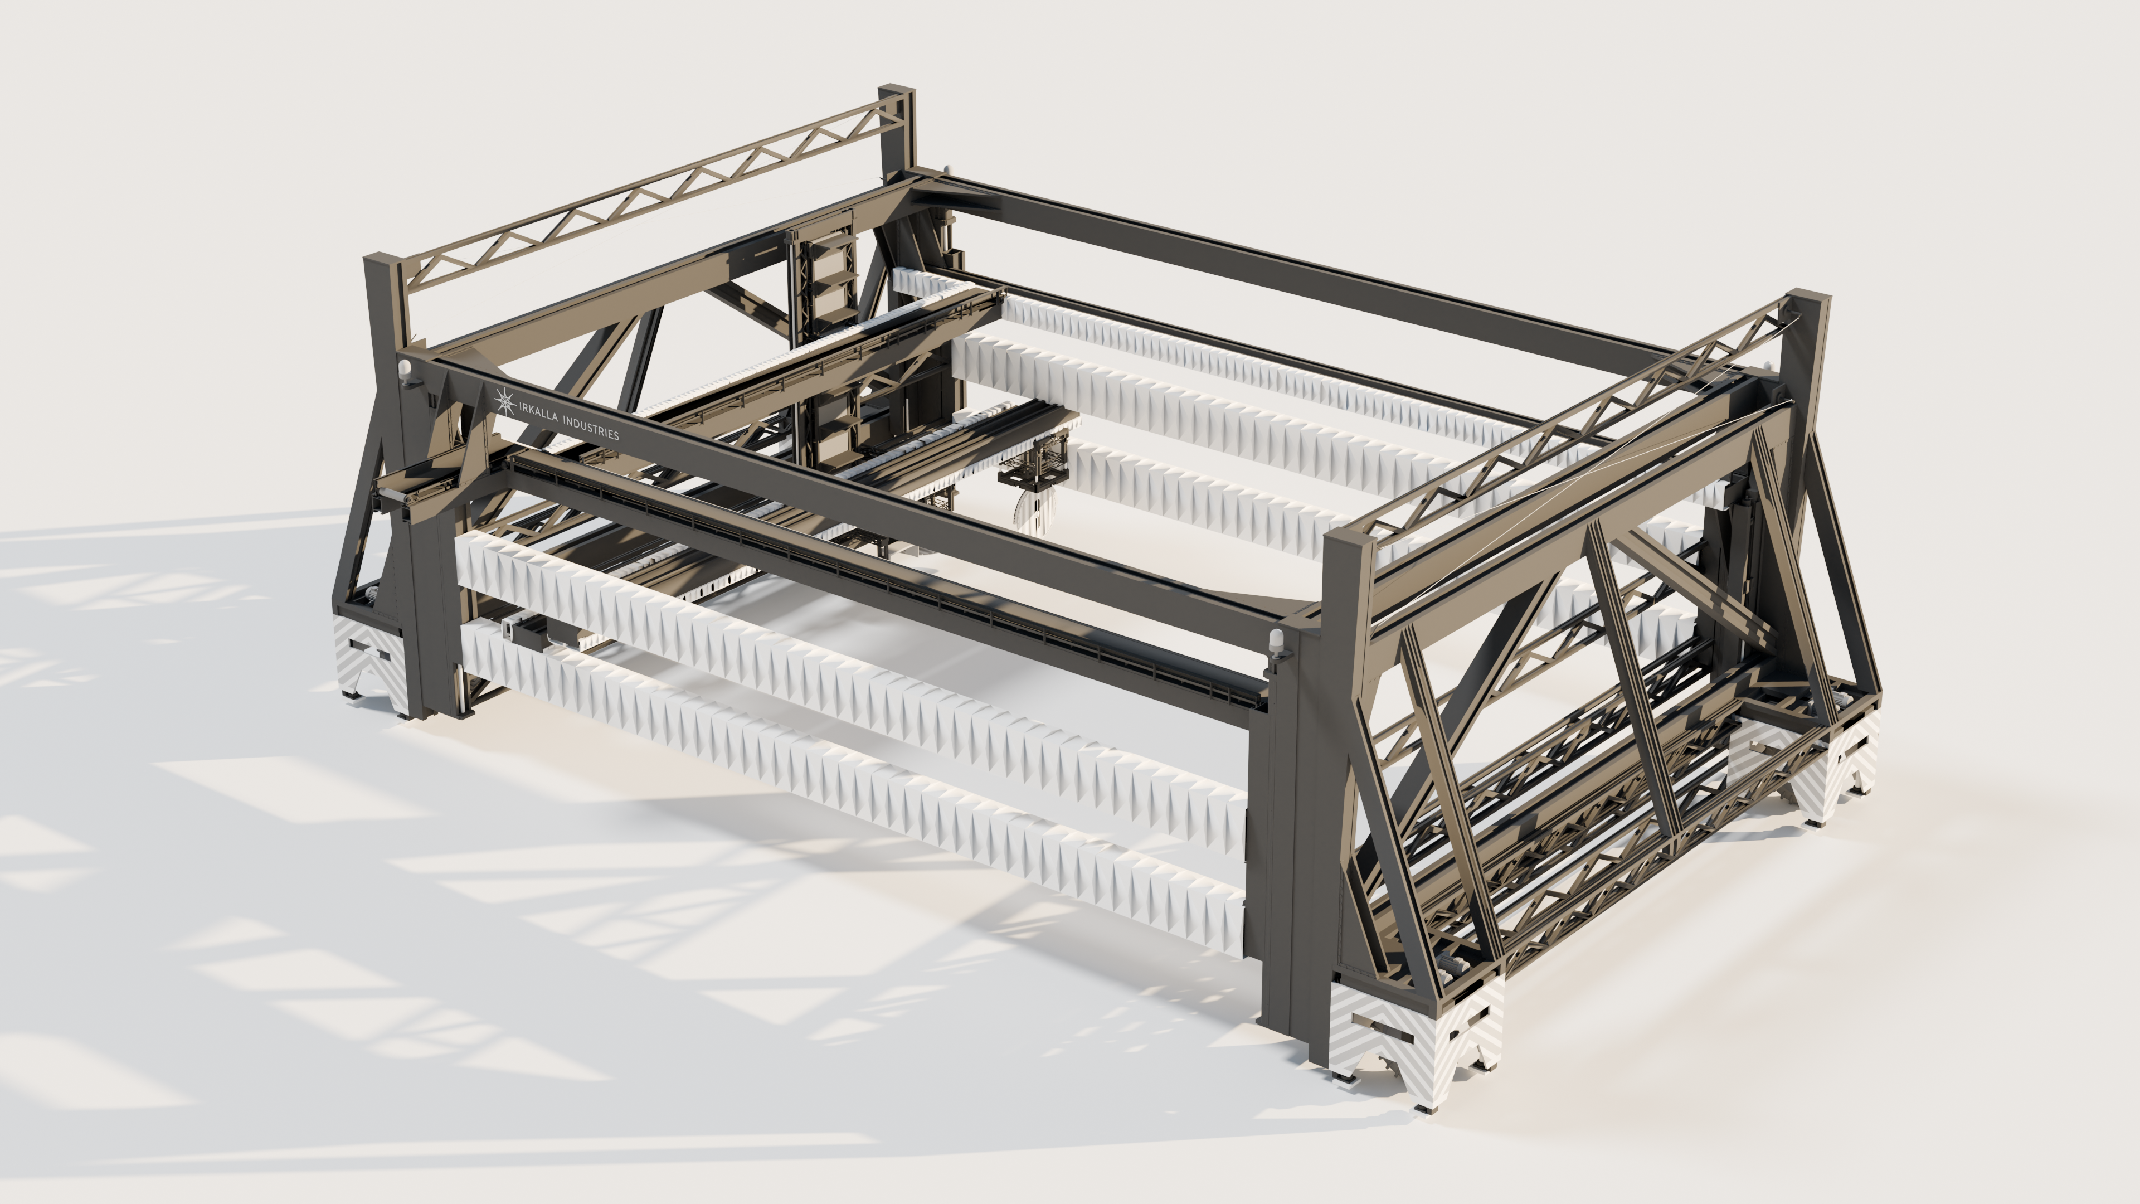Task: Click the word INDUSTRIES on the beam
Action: click(591, 428)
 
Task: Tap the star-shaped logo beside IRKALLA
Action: click(504, 401)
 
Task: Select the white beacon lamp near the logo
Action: click(405, 371)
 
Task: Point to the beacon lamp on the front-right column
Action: click(1277, 644)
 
